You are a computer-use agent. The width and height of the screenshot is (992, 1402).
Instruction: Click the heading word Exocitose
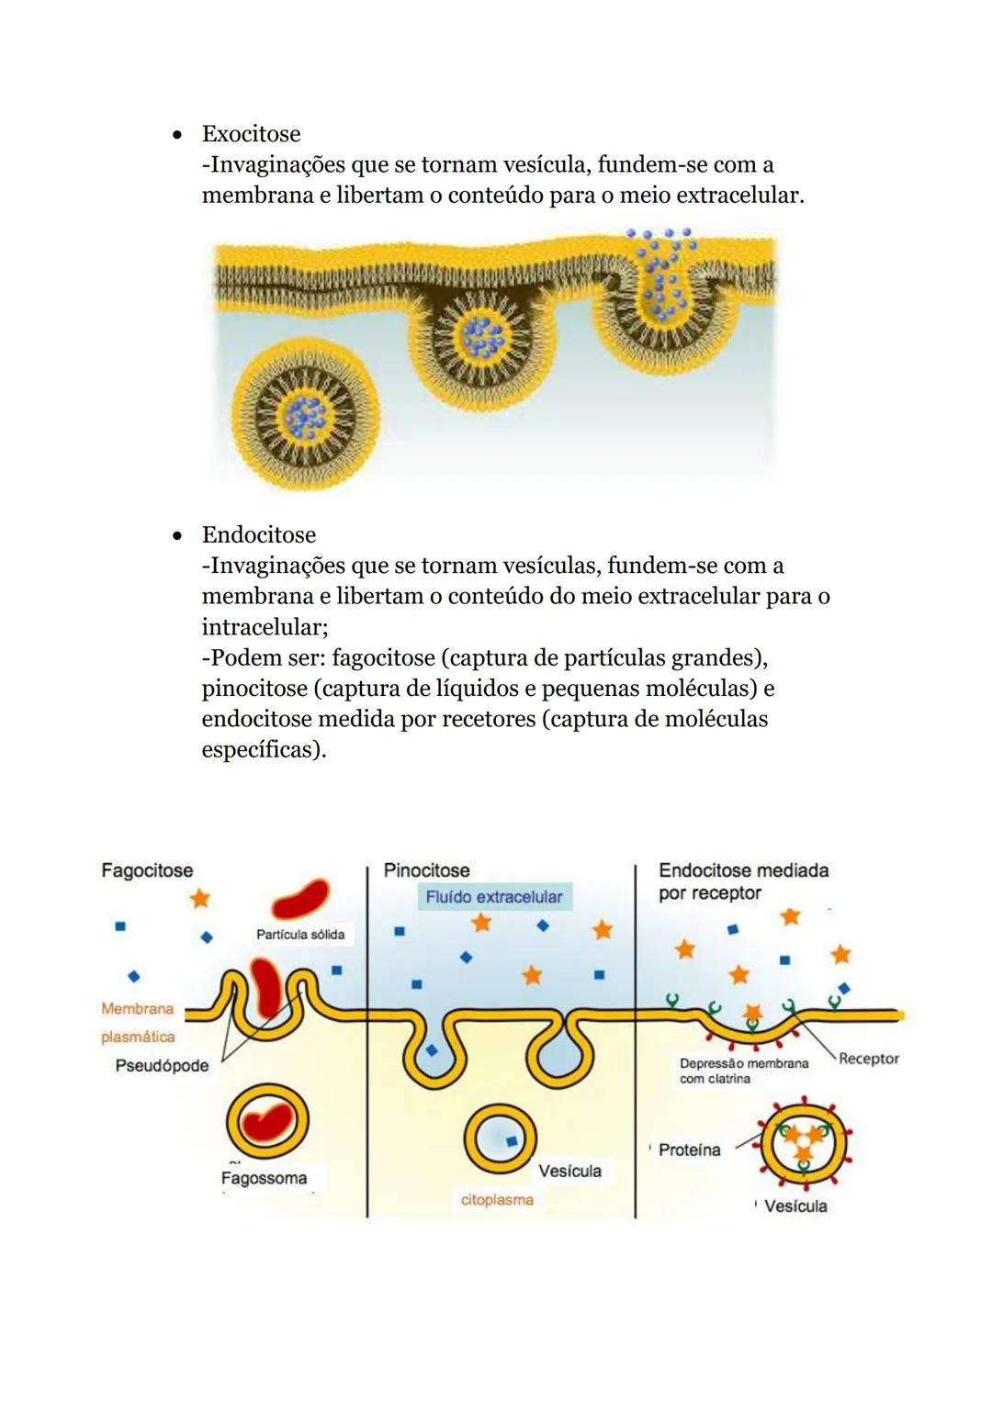251,133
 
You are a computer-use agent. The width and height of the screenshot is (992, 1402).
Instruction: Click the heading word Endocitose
259,534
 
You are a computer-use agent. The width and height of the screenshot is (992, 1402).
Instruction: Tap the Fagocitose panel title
147,870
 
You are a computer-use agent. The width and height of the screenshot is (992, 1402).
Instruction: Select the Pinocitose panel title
426,870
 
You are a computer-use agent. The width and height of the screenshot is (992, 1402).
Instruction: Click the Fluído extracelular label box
494,897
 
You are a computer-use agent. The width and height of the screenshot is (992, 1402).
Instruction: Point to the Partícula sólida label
300,935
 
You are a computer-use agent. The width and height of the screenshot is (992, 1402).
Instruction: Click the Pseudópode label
162,1066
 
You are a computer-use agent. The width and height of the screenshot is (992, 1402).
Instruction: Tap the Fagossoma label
264,1178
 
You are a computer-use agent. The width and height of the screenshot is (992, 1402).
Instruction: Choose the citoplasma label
497,1200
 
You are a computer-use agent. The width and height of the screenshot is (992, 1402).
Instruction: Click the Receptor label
869,1059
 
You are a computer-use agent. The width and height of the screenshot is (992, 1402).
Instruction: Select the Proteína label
690,1150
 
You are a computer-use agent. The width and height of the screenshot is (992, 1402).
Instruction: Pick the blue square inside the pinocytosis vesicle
512,1141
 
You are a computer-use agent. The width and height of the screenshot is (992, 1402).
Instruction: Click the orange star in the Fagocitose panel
200,899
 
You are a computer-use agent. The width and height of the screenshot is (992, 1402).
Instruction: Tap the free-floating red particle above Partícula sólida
300,899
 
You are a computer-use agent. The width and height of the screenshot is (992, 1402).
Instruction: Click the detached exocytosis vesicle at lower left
306,415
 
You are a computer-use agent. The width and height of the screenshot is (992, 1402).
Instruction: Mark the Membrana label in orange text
137,1008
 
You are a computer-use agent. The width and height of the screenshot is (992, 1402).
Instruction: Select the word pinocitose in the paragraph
254,689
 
